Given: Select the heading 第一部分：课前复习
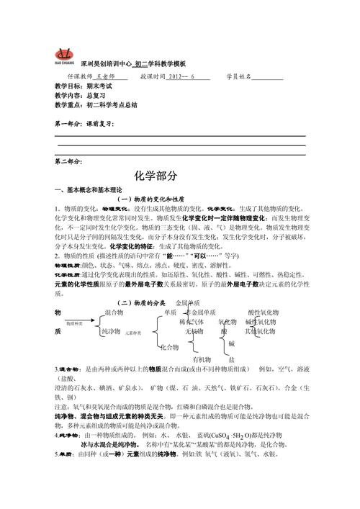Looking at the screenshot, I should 85,124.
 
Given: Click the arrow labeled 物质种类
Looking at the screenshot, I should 76,325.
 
